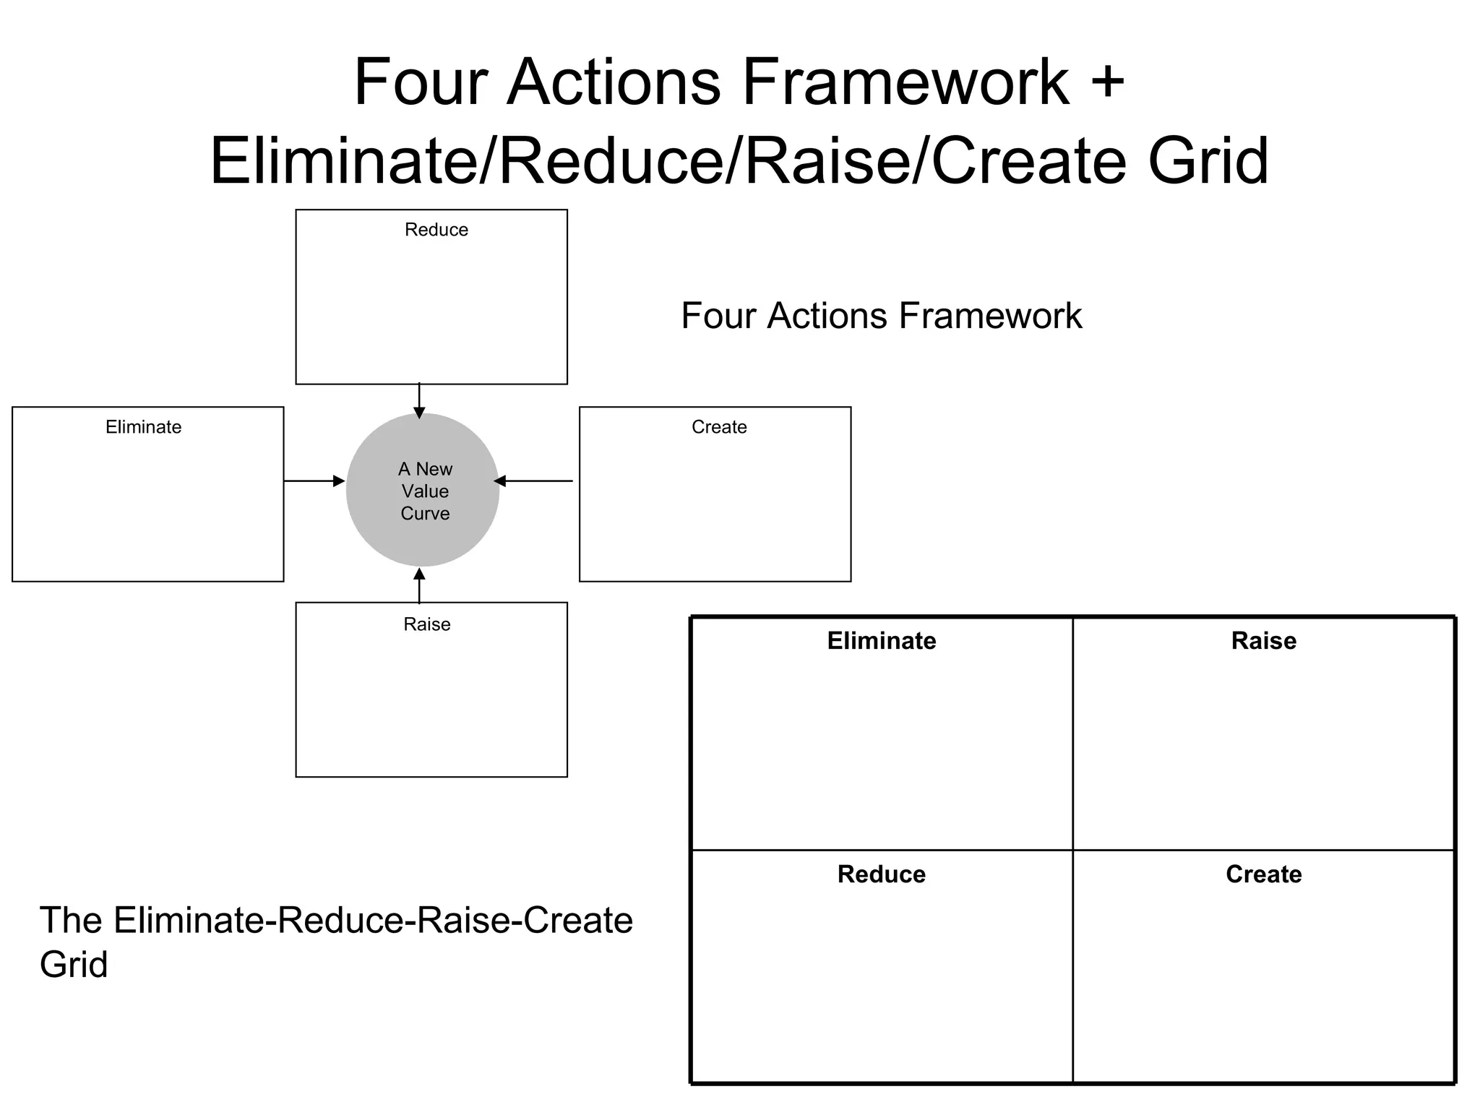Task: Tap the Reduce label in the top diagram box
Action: [x=436, y=230]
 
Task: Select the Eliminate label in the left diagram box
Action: [x=143, y=427]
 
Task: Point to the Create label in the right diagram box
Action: [x=718, y=427]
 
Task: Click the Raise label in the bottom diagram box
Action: [x=426, y=624]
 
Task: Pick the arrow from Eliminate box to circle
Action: [x=314, y=481]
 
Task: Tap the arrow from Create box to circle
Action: [x=533, y=481]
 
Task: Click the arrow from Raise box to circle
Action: [x=419, y=585]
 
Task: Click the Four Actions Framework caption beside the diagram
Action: [x=881, y=316]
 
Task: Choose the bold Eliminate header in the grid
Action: [x=881, y=641]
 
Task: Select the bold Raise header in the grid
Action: [x=1263, y=641]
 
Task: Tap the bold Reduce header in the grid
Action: [x=881, y=874]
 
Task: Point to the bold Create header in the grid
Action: [x=1263, y=874]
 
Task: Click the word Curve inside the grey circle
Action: [x=425, y=514]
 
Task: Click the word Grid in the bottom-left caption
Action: [x=74, y=965]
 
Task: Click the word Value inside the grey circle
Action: [x=425, y=491]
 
